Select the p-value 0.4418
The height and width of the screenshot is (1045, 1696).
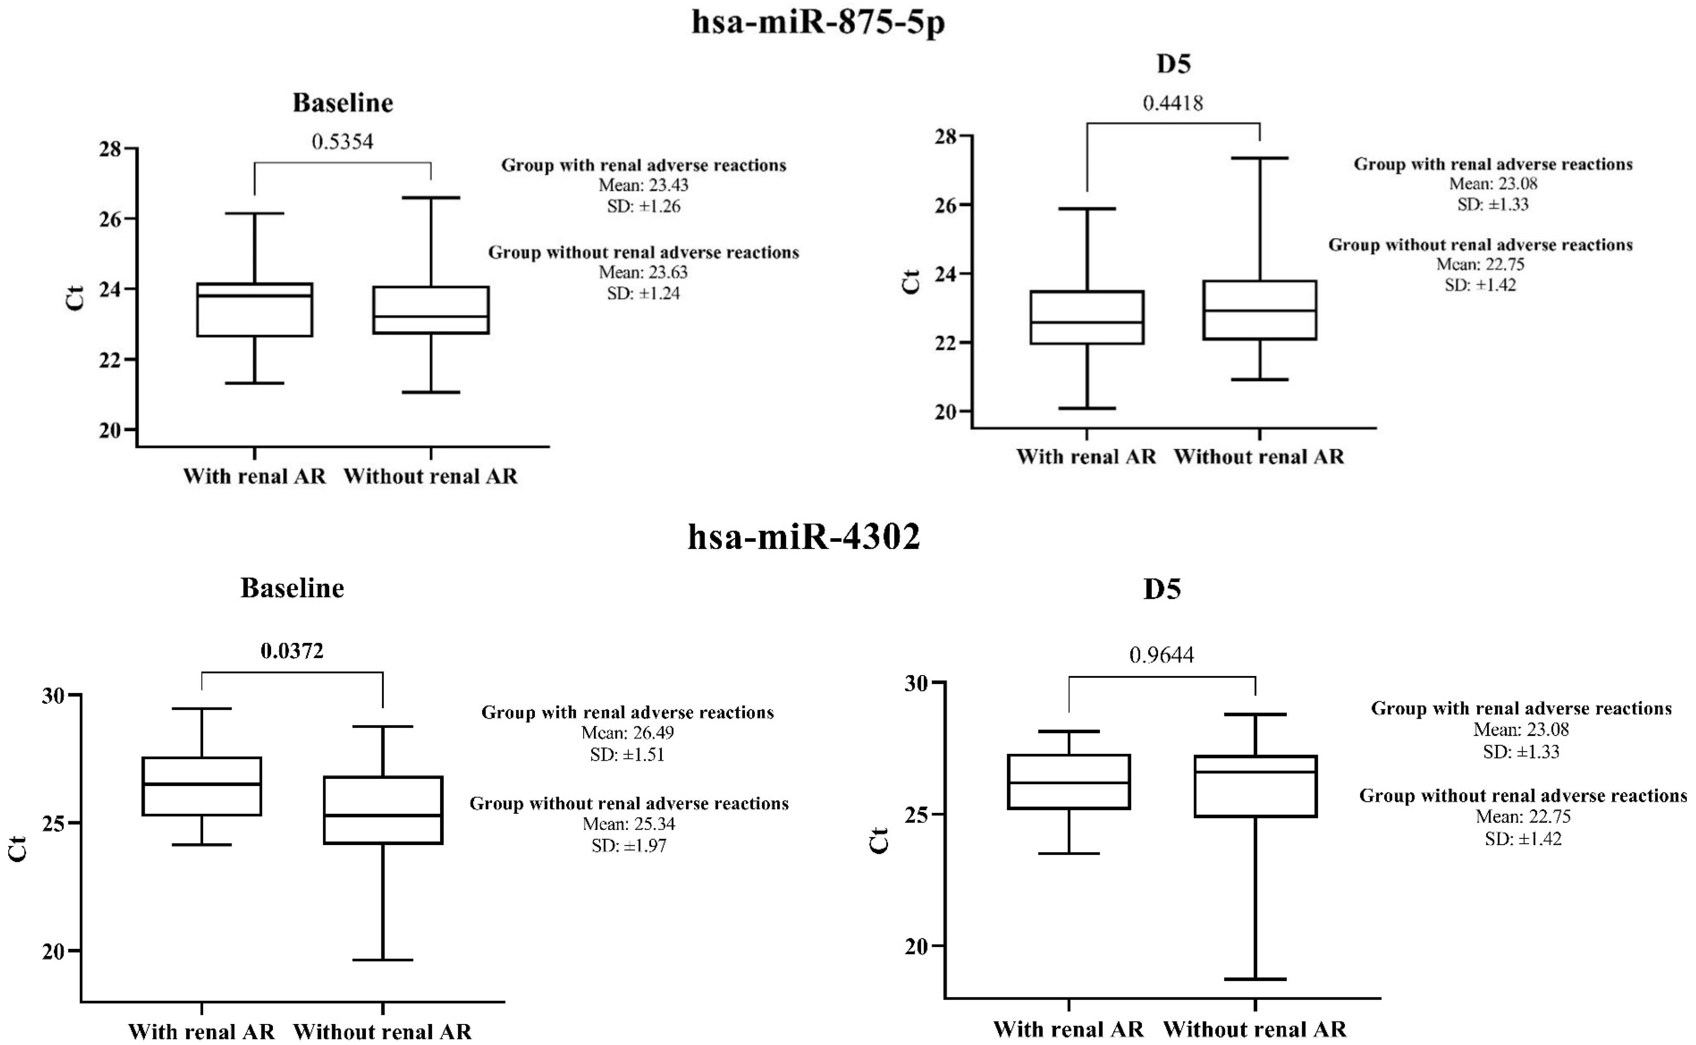click(x=1173, y=103)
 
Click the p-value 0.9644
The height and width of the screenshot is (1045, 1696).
click(x=1161, y=654)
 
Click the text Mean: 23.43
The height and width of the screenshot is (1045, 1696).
click(x=644, y=185)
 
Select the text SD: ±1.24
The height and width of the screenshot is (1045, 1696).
click(x=644, y=293)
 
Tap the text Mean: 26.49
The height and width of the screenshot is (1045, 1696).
click(x=627, y=733)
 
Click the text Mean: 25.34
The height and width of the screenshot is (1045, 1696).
click(x=629, y=824)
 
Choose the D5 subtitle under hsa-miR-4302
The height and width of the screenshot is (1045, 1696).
click(x=1162, y=589)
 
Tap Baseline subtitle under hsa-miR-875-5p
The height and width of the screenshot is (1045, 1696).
click(x=343, y=103)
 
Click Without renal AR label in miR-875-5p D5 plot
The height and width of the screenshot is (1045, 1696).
click(x=1259, y=457)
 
